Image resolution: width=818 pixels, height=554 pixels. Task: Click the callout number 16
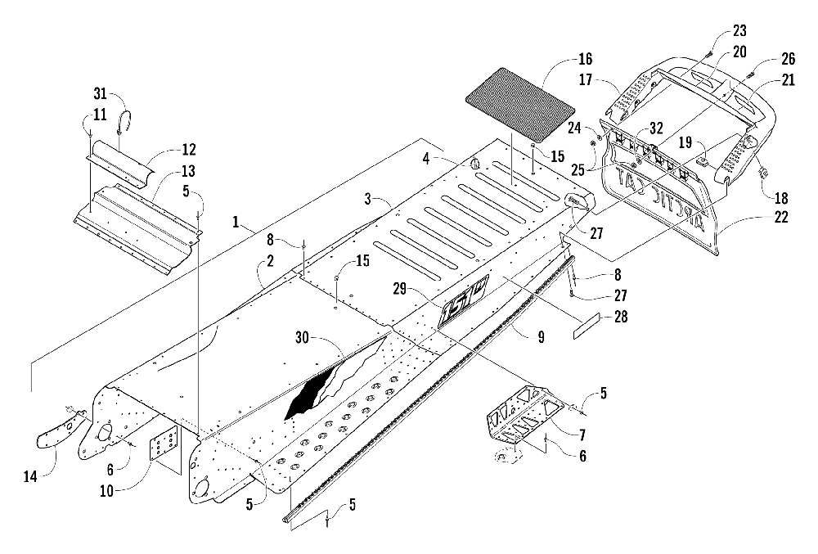point(585,59)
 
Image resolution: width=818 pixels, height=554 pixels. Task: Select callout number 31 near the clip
point(100,94)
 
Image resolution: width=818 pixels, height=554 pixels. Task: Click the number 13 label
point(188,170)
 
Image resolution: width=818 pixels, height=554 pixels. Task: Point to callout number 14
point(30,475)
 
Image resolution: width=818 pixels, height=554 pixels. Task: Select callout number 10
point(106,491)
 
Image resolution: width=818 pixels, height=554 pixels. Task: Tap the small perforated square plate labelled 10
point(164,443)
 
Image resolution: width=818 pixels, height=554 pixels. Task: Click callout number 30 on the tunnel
point(303,337)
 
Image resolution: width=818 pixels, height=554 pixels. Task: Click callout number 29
point(400,288)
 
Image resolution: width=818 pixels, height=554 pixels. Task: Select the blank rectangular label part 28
point(587,327)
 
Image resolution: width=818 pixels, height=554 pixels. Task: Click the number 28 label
point(620,316)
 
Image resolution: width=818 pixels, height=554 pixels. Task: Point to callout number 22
point(781,217)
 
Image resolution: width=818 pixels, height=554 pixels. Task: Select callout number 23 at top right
point(739,31)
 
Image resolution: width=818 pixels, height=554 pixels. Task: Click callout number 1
point(236,223)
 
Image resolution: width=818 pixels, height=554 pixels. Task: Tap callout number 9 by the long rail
point(541,337)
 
